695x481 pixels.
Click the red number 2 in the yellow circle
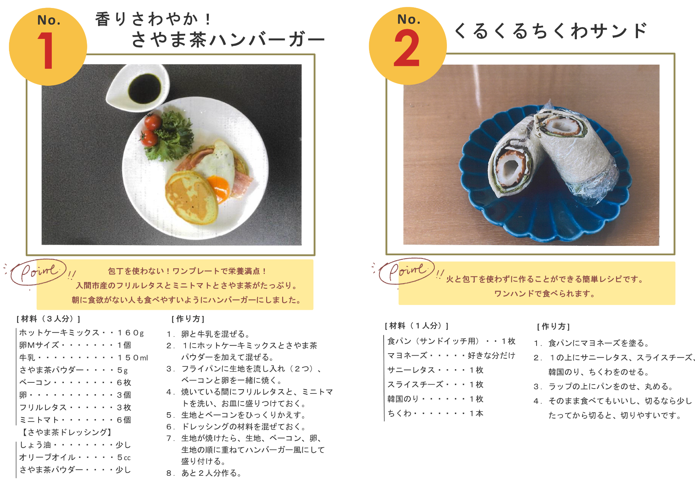tap(407, 48)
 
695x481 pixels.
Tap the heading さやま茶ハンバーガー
tap(228, 39)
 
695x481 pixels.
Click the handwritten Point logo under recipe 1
tap(39, 272)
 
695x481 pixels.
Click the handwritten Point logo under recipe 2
tap(407, 271)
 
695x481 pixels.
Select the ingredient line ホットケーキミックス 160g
tap(81, 333)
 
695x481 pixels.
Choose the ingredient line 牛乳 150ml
tap(83, 358)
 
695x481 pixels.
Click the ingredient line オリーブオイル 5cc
tap(75, 457)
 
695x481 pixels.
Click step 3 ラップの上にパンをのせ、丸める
tap(605, 387)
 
